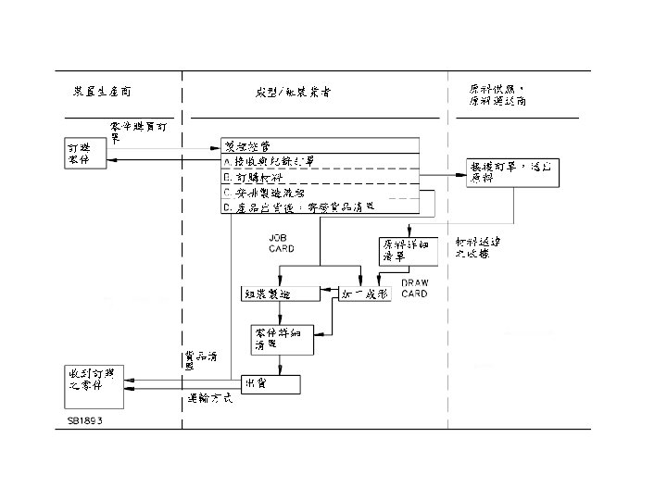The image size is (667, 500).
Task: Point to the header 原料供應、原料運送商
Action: point(500,94)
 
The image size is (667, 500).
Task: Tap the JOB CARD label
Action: point(282,244)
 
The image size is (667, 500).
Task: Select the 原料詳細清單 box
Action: point(405,251)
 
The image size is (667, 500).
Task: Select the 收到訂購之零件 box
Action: point(93,385)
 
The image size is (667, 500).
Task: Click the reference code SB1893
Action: point(84,419)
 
